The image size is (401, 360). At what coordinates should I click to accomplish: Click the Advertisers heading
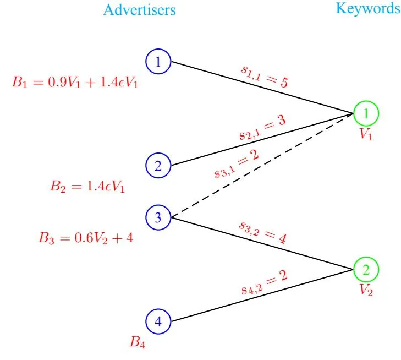[x=140, y=10]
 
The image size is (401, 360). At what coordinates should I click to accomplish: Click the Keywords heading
[x=368, y=9]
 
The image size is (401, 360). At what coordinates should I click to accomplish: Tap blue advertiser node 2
[x=158, y=165]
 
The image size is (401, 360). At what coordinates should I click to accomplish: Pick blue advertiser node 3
[x=158, y=217]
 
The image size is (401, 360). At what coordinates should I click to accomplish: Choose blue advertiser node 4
[x=158, y=321]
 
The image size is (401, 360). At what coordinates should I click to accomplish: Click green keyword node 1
[x=366, y=113]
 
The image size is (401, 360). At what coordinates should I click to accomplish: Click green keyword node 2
[x=366, y=270]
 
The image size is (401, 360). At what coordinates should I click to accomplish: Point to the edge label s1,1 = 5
[x=265, y=76]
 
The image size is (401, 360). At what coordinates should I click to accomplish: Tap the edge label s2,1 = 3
[x=262, y=128]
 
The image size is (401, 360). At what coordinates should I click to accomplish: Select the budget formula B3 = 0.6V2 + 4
[x=86, y=239]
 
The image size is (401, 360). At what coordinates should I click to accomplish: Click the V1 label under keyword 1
[x=366, y=134]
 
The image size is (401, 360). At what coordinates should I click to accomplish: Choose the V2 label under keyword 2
[x=366, y=291]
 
